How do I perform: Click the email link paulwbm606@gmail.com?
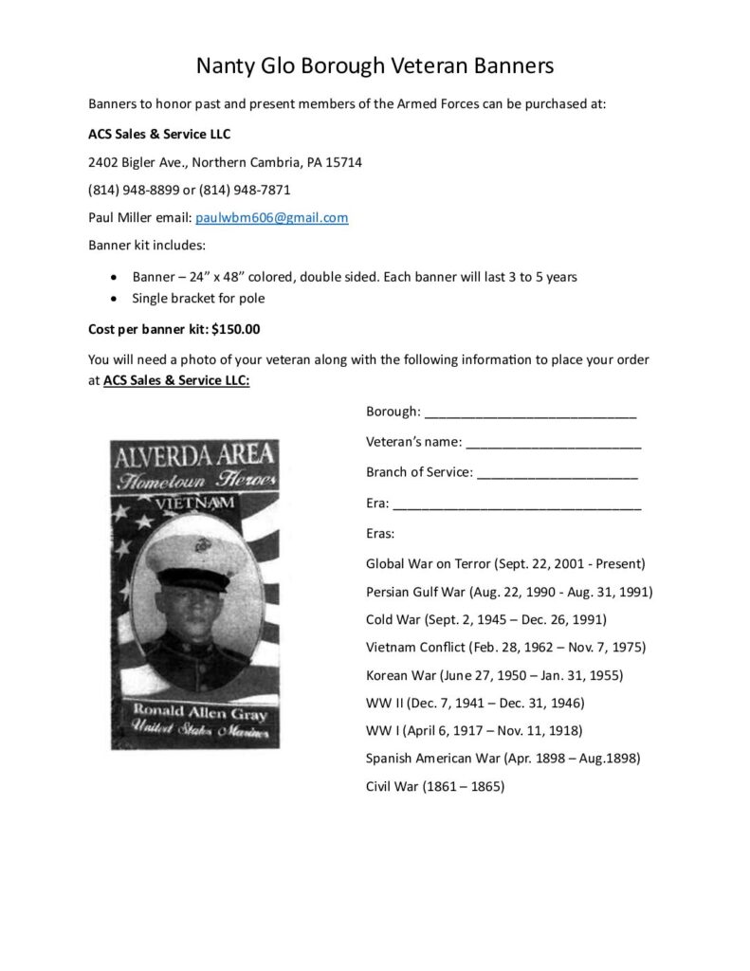point(271,217)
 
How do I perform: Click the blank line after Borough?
point(530,413)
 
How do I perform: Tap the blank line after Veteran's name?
point(554,443)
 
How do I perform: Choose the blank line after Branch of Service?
point(557,473)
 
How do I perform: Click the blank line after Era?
point(517,504)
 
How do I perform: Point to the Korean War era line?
point(494,675)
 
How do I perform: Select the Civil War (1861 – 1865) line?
point(435,786)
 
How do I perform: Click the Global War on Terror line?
point(505,563)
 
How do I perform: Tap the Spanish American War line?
point(503,758)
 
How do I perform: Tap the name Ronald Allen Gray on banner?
point(194,710)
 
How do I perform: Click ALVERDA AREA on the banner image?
point(194,455)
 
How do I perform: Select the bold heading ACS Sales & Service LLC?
point(159,134)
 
